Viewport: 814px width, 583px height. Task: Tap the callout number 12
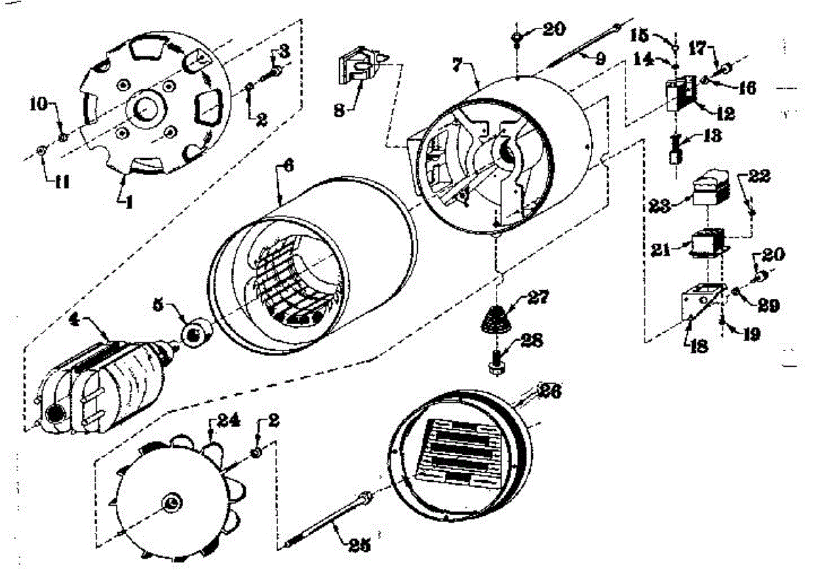(x=725, y=113)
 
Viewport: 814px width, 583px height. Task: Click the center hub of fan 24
(x=170, y=502)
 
